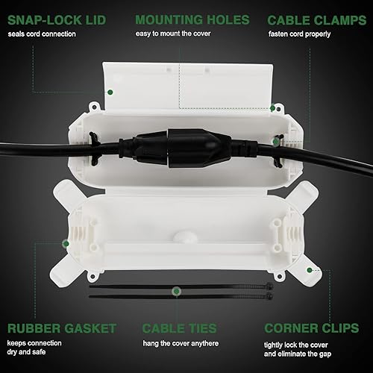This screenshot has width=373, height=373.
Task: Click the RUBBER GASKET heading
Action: [62, 327]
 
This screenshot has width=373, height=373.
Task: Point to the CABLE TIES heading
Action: [180, 327]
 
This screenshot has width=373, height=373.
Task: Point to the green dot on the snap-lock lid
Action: [110, 92]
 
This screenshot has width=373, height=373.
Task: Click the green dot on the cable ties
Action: [176, 290]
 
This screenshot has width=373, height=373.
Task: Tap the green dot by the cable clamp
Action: [276, 141]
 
